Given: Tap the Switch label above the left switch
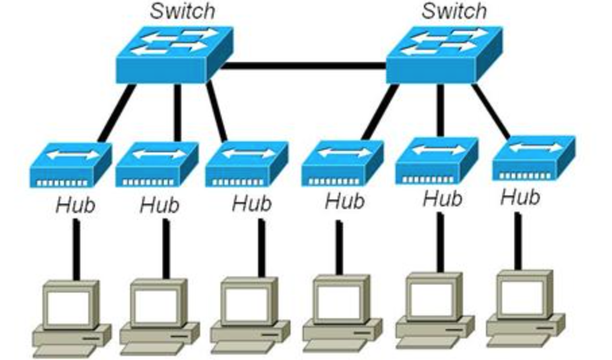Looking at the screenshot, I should click(x=182, y=11).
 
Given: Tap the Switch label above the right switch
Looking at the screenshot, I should click(x=453, y=11).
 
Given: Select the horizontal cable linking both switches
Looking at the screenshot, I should click(x=303, y=65).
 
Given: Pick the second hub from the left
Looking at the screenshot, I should click(x=156, y=164).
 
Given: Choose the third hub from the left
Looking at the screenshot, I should click(x=246, y=164).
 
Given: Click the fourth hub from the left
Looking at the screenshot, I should click(x=342, y=162).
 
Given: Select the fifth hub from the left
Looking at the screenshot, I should click(x=437, y=160).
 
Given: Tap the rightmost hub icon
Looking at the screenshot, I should click(x=533, y=157).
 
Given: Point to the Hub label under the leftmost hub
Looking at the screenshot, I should click(x=75, y=205).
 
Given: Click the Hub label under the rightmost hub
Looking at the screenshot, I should click(x=520, y=198).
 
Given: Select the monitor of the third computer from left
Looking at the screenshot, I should click(x=247, y=302).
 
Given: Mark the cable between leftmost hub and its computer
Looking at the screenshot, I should click(x=76, y=248).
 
